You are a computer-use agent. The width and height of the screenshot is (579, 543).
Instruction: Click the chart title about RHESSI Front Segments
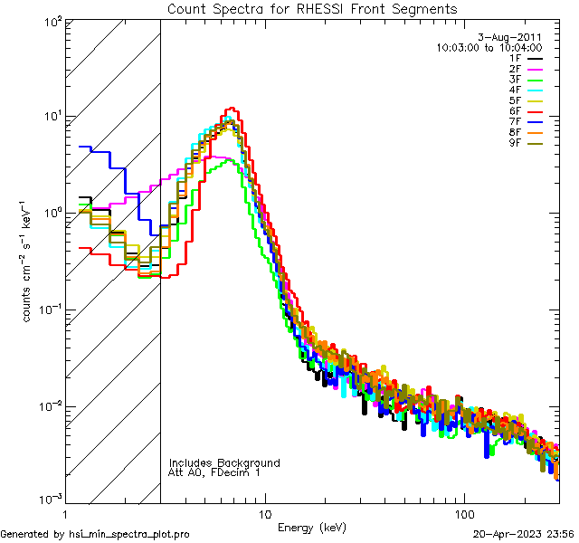tap(312, 8)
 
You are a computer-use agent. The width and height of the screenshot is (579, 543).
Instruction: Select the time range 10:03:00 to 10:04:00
tap(489, 47)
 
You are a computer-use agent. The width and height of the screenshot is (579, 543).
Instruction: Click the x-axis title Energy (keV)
tap(312, 527)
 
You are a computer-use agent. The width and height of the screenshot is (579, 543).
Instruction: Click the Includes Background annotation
tap(224, 462)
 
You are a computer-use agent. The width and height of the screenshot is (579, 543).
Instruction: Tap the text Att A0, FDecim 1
tap(214, 472)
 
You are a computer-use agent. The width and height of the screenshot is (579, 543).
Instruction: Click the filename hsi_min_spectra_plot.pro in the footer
tap(129, 534)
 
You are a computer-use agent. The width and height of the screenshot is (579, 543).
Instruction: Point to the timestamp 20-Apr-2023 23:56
tap(523, 534)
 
